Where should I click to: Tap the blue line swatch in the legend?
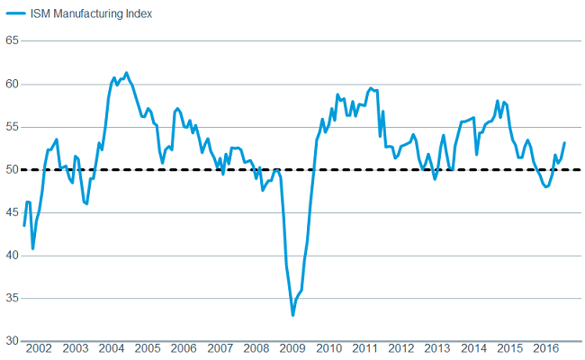(15, 13)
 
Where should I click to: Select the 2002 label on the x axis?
(39, 348)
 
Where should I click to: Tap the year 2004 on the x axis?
(112, 348)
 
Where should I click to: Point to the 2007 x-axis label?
(221, 348)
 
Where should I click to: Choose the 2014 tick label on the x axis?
(473, 348)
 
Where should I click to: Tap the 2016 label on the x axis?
(546, 348)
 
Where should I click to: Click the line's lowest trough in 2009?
(292, 315)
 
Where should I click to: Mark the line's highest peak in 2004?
(126, 73)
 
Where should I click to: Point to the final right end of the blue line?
(564, 143)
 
